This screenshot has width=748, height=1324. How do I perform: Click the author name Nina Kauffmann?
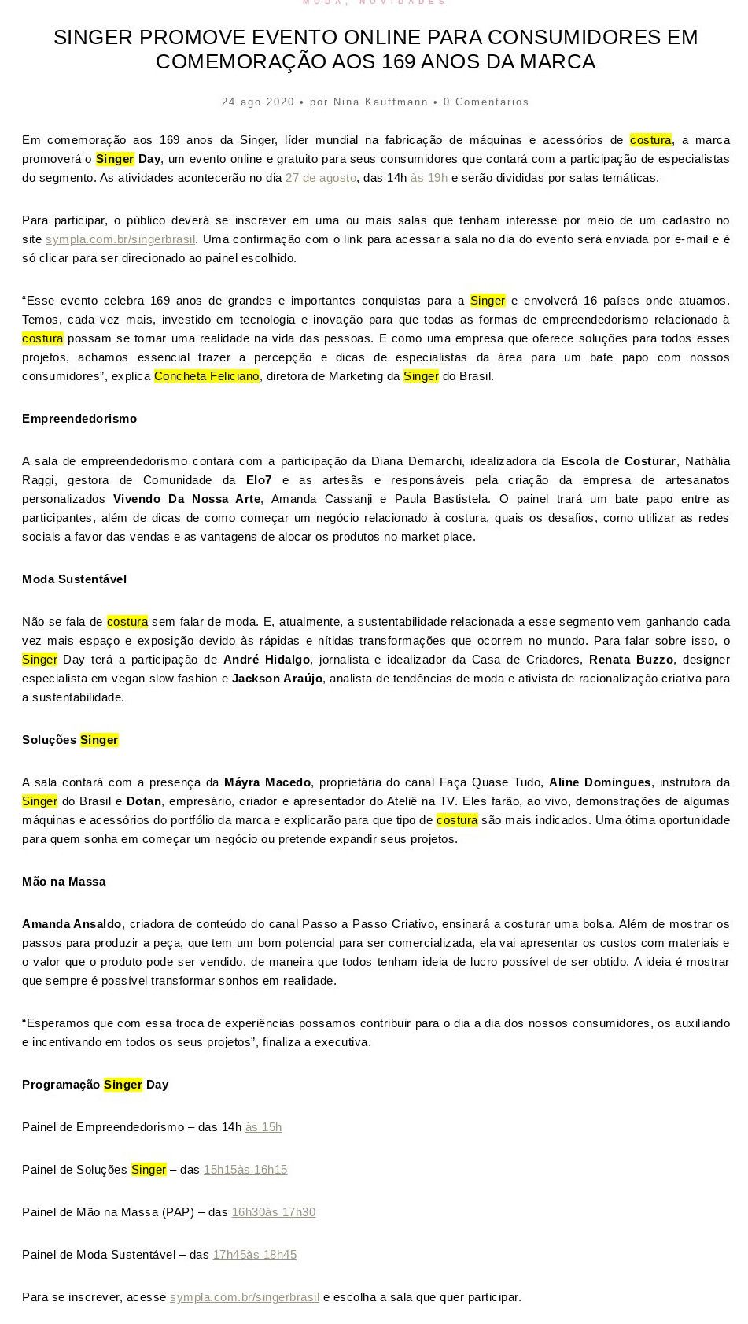pyautogui.click(x=381, y=102)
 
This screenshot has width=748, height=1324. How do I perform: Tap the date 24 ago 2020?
pyautogui.click(x=258, y=102)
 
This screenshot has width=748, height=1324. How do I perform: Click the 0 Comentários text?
pyautogui.click(x=486, y=102)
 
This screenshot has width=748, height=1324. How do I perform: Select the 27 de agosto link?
pyautogui.click(x=321, y=178)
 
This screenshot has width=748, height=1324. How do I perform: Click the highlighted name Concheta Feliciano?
pyautogui.click(x=207, y=376)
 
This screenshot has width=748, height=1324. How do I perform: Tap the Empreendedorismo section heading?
pyautogui.click(x=79, y=419)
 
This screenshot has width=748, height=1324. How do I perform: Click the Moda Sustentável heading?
pyautogui.click(x=74, y=579)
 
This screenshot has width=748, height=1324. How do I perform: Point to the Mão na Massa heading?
pyautogui.click(x=64, y=882)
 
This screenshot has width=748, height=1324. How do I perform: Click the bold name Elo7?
pyautogui.click(x=259, y=480)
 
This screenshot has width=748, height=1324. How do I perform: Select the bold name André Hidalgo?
pyautogui.click(x=267, y=660)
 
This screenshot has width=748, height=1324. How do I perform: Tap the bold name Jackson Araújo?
pyautogui.click(x=277, y=679)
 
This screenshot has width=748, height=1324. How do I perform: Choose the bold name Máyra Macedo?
pyautogui.click(x=267, y=782)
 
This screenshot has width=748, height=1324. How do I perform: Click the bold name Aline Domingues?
pyautogui.click(x=599, y=782)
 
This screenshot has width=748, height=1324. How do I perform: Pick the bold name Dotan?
pyautogui.click(x=144, y=801)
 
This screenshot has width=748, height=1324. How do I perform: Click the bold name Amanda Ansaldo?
pyautogui.click(x=72, y=924)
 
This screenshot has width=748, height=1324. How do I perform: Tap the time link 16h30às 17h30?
pyautogui.click(x=274, y=1212)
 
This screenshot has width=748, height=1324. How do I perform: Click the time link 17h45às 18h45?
pyautogui.click(x=255, y=1255)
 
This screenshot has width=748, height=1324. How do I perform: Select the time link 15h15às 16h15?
pyautogui.click(x=245, y=1170)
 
